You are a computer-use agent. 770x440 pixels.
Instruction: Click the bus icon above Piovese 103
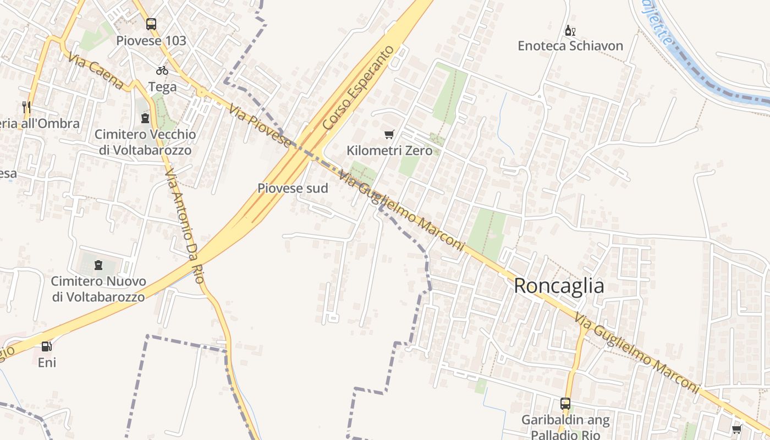tap(151, 24)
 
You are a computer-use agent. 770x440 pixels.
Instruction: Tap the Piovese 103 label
tap(151, 41)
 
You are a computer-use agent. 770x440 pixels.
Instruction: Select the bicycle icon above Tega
tap(162, 70)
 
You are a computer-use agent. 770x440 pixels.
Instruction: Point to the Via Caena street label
tap(97, 71)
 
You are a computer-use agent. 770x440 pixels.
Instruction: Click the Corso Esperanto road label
tap(359, 88)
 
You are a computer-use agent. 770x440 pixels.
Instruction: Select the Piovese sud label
tap(293, 188)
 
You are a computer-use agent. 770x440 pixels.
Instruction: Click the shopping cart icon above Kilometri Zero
tap(389, 134)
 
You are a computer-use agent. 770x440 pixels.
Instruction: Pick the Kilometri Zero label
tap(389, 150)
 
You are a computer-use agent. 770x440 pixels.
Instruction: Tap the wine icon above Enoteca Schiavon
tap(570, 30)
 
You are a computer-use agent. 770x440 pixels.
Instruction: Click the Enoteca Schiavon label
tap(570, 46)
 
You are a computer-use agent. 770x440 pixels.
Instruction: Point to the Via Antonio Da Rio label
tap(184, 226)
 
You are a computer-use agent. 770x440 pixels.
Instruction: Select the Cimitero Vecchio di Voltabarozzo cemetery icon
tap(145, 118)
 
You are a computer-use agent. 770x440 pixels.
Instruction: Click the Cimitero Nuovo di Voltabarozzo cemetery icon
tap(98, 265)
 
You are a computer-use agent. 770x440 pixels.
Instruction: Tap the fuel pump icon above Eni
tap(47, 346)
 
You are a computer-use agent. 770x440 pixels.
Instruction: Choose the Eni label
tap(47, 362)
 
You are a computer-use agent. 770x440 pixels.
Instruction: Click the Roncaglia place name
tap(559, 286)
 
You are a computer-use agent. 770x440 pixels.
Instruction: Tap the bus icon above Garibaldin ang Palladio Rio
tap(565, 404)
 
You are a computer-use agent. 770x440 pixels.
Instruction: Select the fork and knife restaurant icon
tap(26, 107)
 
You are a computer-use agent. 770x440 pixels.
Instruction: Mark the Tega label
tap(162, 87)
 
